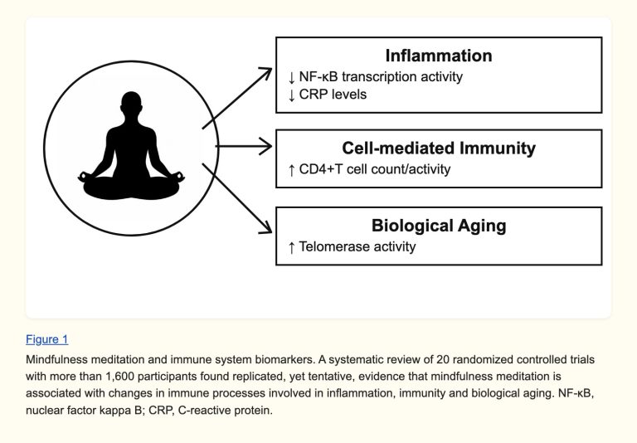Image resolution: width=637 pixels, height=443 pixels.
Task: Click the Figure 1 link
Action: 47,339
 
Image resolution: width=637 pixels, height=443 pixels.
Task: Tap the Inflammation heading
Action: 439,56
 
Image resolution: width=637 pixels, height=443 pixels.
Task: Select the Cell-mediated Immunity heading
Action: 439,148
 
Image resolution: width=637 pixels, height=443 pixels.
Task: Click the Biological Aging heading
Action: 439,226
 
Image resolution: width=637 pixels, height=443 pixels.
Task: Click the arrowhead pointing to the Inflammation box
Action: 266,73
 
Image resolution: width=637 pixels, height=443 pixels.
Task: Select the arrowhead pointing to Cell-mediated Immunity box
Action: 267,146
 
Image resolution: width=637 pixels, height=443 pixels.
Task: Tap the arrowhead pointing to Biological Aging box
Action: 266,227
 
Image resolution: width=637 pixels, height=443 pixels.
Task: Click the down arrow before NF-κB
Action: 291,77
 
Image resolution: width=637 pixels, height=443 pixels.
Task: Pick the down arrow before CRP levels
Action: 291,95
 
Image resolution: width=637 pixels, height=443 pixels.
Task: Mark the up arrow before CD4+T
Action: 291,170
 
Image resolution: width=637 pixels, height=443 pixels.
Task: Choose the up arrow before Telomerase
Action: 291,247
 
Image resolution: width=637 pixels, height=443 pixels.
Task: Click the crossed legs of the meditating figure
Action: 131,187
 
